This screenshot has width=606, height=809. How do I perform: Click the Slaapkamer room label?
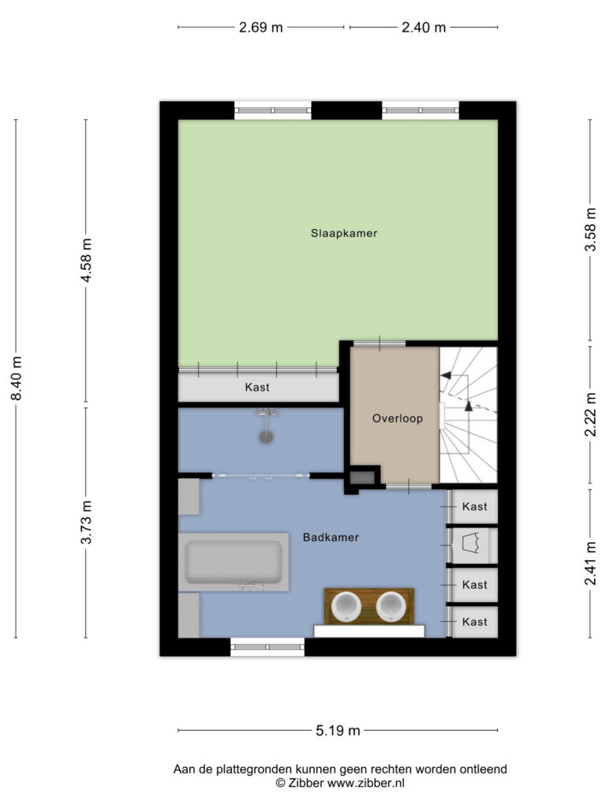click(344, 233)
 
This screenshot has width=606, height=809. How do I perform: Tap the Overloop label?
click(398, 418)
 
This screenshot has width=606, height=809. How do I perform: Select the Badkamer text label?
click(331, 537)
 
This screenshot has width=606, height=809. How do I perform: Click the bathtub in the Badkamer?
click(234, 563)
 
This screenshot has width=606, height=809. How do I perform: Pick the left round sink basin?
click(346, 606)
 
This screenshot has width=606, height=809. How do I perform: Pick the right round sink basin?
click(391, 606)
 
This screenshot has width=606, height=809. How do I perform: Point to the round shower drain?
click(266, 436)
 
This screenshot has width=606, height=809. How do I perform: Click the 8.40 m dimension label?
click(17, 378)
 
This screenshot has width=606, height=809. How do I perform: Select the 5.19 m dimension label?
click(338, 731)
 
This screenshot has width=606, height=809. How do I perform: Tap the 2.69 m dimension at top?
click(260, 28)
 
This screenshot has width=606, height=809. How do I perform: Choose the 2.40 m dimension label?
click(424, 28)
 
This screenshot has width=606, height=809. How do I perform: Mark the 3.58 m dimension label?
click(590, 230)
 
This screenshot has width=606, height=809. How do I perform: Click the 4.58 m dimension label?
click(87, 260)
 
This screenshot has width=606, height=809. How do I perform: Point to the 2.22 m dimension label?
click(590, 414)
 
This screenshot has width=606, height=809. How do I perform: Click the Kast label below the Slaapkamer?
click(257, 387)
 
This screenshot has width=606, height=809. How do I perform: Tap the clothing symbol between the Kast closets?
click(472, 544)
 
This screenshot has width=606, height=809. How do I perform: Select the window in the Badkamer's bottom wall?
click(267, 647)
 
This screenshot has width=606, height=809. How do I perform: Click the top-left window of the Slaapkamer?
click(273, 111)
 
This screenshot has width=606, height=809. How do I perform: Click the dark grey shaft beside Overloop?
click(362, 476)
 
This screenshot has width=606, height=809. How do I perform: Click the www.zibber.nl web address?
click(366, 783)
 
